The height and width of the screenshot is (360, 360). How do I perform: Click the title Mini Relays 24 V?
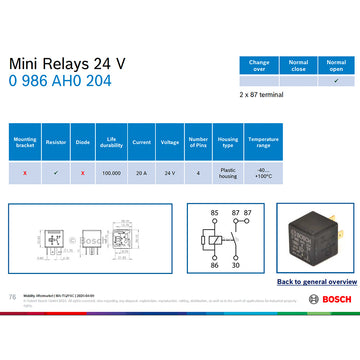point(67,63)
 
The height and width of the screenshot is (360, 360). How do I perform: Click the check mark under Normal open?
point(335,81)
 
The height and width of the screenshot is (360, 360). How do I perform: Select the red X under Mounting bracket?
point(24,172)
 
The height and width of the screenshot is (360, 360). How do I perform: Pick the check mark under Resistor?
point(56,172)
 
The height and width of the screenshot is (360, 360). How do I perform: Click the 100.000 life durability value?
point(112,172)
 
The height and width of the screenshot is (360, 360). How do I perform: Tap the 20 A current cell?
point(141,172)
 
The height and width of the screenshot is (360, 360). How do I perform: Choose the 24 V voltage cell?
point(170,172)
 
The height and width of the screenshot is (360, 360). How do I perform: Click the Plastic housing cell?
point(227,172)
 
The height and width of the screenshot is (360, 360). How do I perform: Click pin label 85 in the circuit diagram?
point(213,214)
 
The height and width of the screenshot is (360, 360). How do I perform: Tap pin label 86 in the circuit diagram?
point(213,265)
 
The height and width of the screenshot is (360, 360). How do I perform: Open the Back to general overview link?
point(314,282)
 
